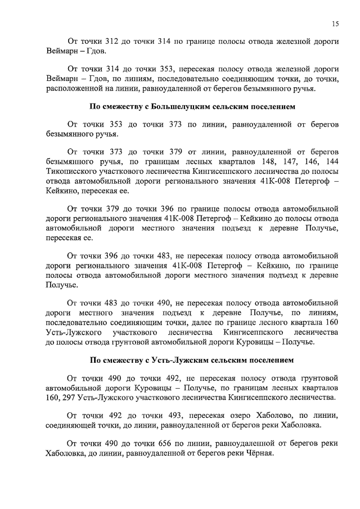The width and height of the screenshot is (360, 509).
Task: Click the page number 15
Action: coord(335,23)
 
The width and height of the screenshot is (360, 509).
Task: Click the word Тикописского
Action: coord(72,172)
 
